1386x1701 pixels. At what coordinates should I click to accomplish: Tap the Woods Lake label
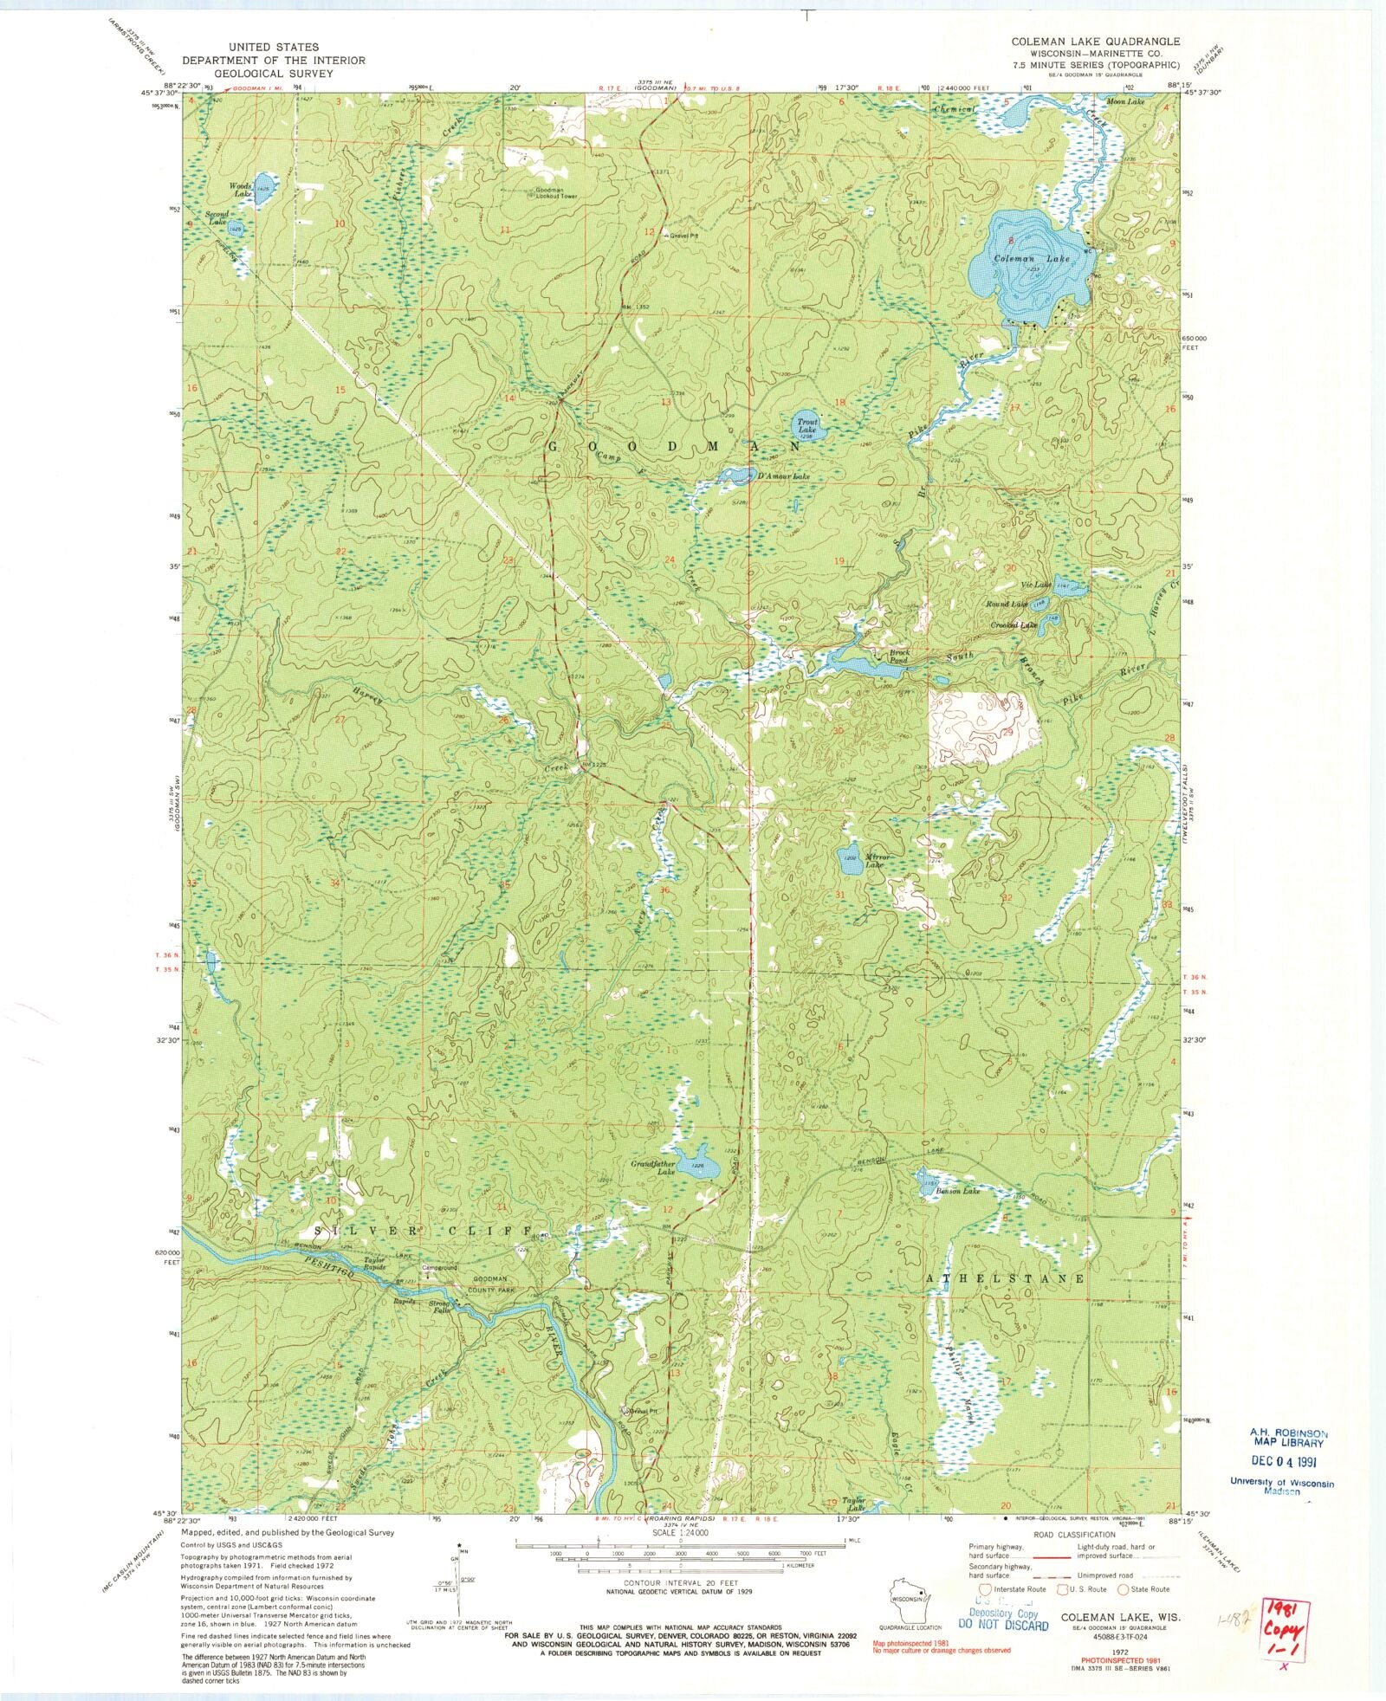click(240, 190)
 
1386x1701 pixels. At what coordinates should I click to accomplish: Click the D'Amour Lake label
click(782, 476)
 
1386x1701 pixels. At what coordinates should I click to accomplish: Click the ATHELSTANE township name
click(1006, 1278)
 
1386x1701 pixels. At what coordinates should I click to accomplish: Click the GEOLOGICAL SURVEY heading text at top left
click(274, 74)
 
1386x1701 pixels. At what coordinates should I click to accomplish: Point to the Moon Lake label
click(1127, 102)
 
